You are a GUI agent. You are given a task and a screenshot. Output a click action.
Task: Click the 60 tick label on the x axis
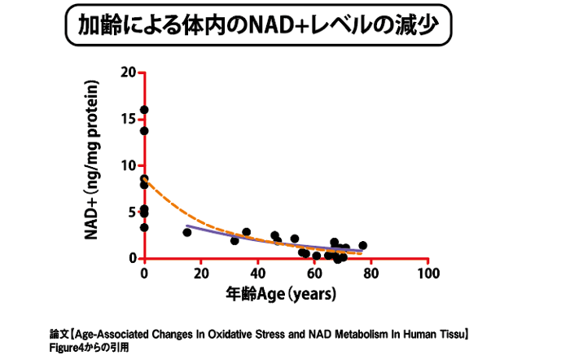pos(314,274)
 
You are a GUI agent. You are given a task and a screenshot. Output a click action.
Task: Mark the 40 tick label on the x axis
pos(257,274)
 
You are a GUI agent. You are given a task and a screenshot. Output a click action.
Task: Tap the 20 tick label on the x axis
pos(200,274)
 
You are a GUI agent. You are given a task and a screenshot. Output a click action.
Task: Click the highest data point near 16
pos(144,110)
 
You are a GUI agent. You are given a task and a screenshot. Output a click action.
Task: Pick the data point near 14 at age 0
pos(144,130)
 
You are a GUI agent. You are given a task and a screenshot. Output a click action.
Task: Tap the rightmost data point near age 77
pos(362,245)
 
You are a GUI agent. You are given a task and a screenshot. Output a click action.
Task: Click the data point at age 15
pos(187,232)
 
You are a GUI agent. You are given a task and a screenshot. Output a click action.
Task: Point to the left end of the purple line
pos(187,226)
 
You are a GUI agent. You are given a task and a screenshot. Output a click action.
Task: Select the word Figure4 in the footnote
pos(68,347)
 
